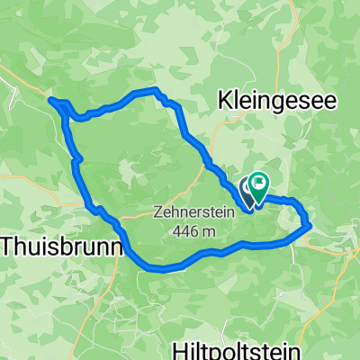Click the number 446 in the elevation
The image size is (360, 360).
(188, 231)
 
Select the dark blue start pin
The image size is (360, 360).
(247, 190)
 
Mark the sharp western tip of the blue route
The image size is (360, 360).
(50, 100)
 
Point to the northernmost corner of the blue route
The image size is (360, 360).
(156, 90)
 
